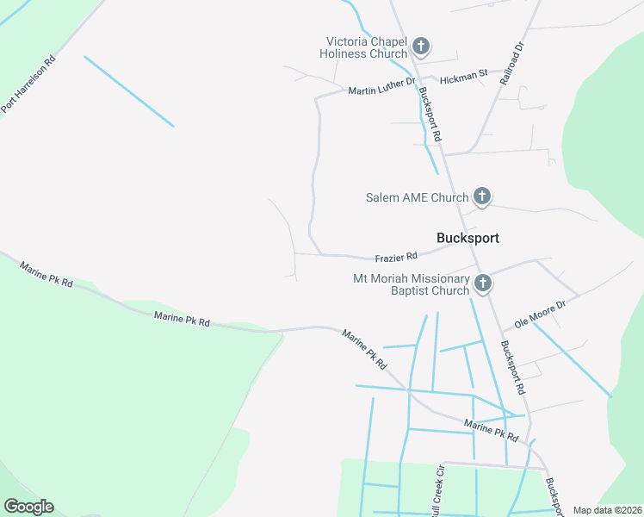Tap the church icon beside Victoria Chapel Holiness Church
tap(421, 47)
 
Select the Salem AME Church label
tap(414, 197)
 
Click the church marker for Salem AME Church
tap(482, 197)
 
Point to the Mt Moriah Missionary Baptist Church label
tap(412, 284)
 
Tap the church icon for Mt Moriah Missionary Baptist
tap(483, 283)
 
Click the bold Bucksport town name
tap(468, 238)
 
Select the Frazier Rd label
tap(396, 257)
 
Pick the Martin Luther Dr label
tap(381, 90)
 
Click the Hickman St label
tap(463, 78)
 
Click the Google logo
tap(28, 507)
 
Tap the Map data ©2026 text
tap(607, 510)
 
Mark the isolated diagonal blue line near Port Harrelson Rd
tap(129, 91)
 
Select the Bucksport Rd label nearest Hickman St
tap(430, 114)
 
